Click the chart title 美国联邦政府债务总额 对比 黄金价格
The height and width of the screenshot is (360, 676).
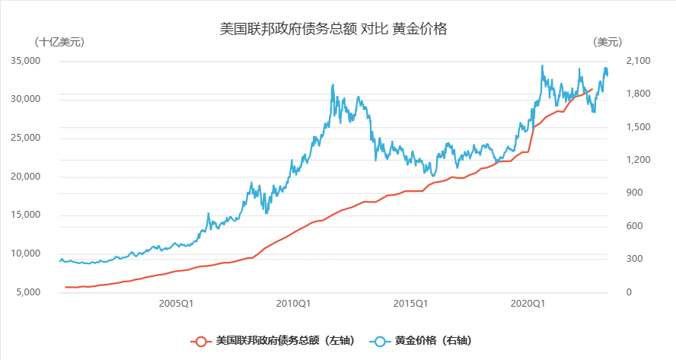point(332,29)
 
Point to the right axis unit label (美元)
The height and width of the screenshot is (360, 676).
point(607,42)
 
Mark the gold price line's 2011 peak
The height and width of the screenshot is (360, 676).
point(333,85)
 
